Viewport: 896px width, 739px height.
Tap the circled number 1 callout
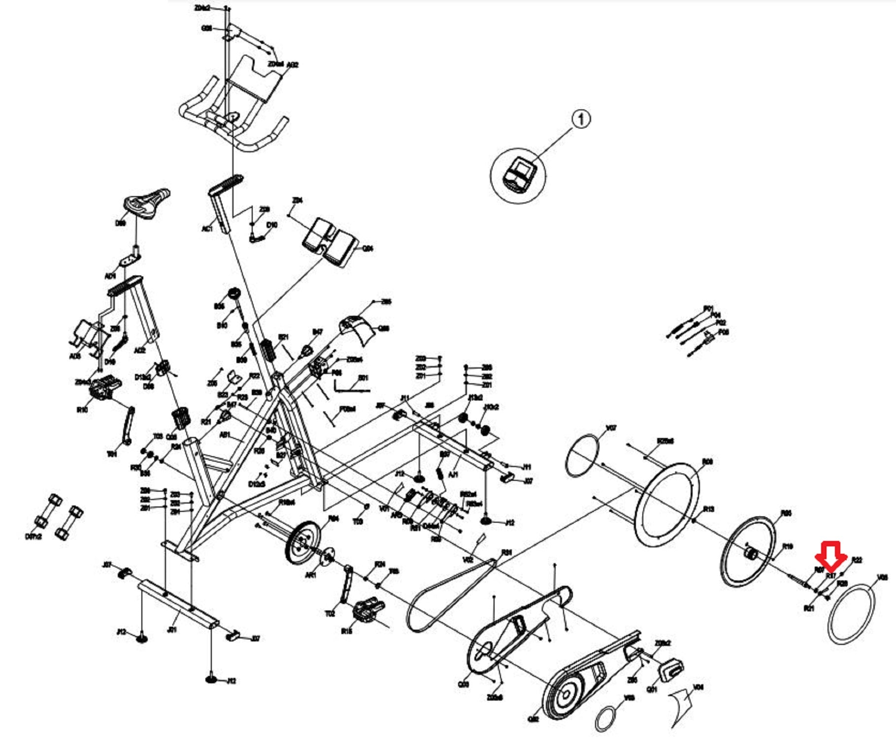click(581, 119)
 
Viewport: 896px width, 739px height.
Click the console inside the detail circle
click(518, 175)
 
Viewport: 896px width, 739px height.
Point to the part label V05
click(882, 577)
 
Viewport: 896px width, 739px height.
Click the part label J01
click(172, 630)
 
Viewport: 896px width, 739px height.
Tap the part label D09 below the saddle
click(120, 223)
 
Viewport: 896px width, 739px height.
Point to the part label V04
click(698, 687)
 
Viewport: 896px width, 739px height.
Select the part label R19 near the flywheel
click(788, 546)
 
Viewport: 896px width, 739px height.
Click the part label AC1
click(207, 229)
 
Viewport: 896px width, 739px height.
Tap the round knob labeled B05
click(233, 294)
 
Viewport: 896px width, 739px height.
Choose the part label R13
click(708, 509)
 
